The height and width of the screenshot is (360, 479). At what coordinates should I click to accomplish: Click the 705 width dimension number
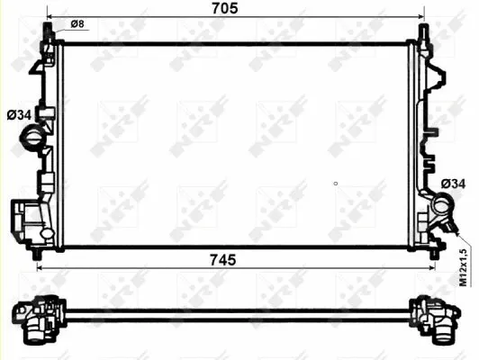point(224,9)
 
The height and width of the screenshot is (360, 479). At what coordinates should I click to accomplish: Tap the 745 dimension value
point(223,259)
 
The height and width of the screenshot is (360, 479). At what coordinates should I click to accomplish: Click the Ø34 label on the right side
point(454,184)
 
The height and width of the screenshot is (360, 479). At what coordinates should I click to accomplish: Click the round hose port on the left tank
point(32,140)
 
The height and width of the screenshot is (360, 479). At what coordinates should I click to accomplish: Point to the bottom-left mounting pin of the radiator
point(37,253)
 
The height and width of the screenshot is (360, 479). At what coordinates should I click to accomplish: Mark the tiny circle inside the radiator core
point(335,184)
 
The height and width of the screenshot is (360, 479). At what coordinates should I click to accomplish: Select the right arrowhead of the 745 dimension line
point(433,268)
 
